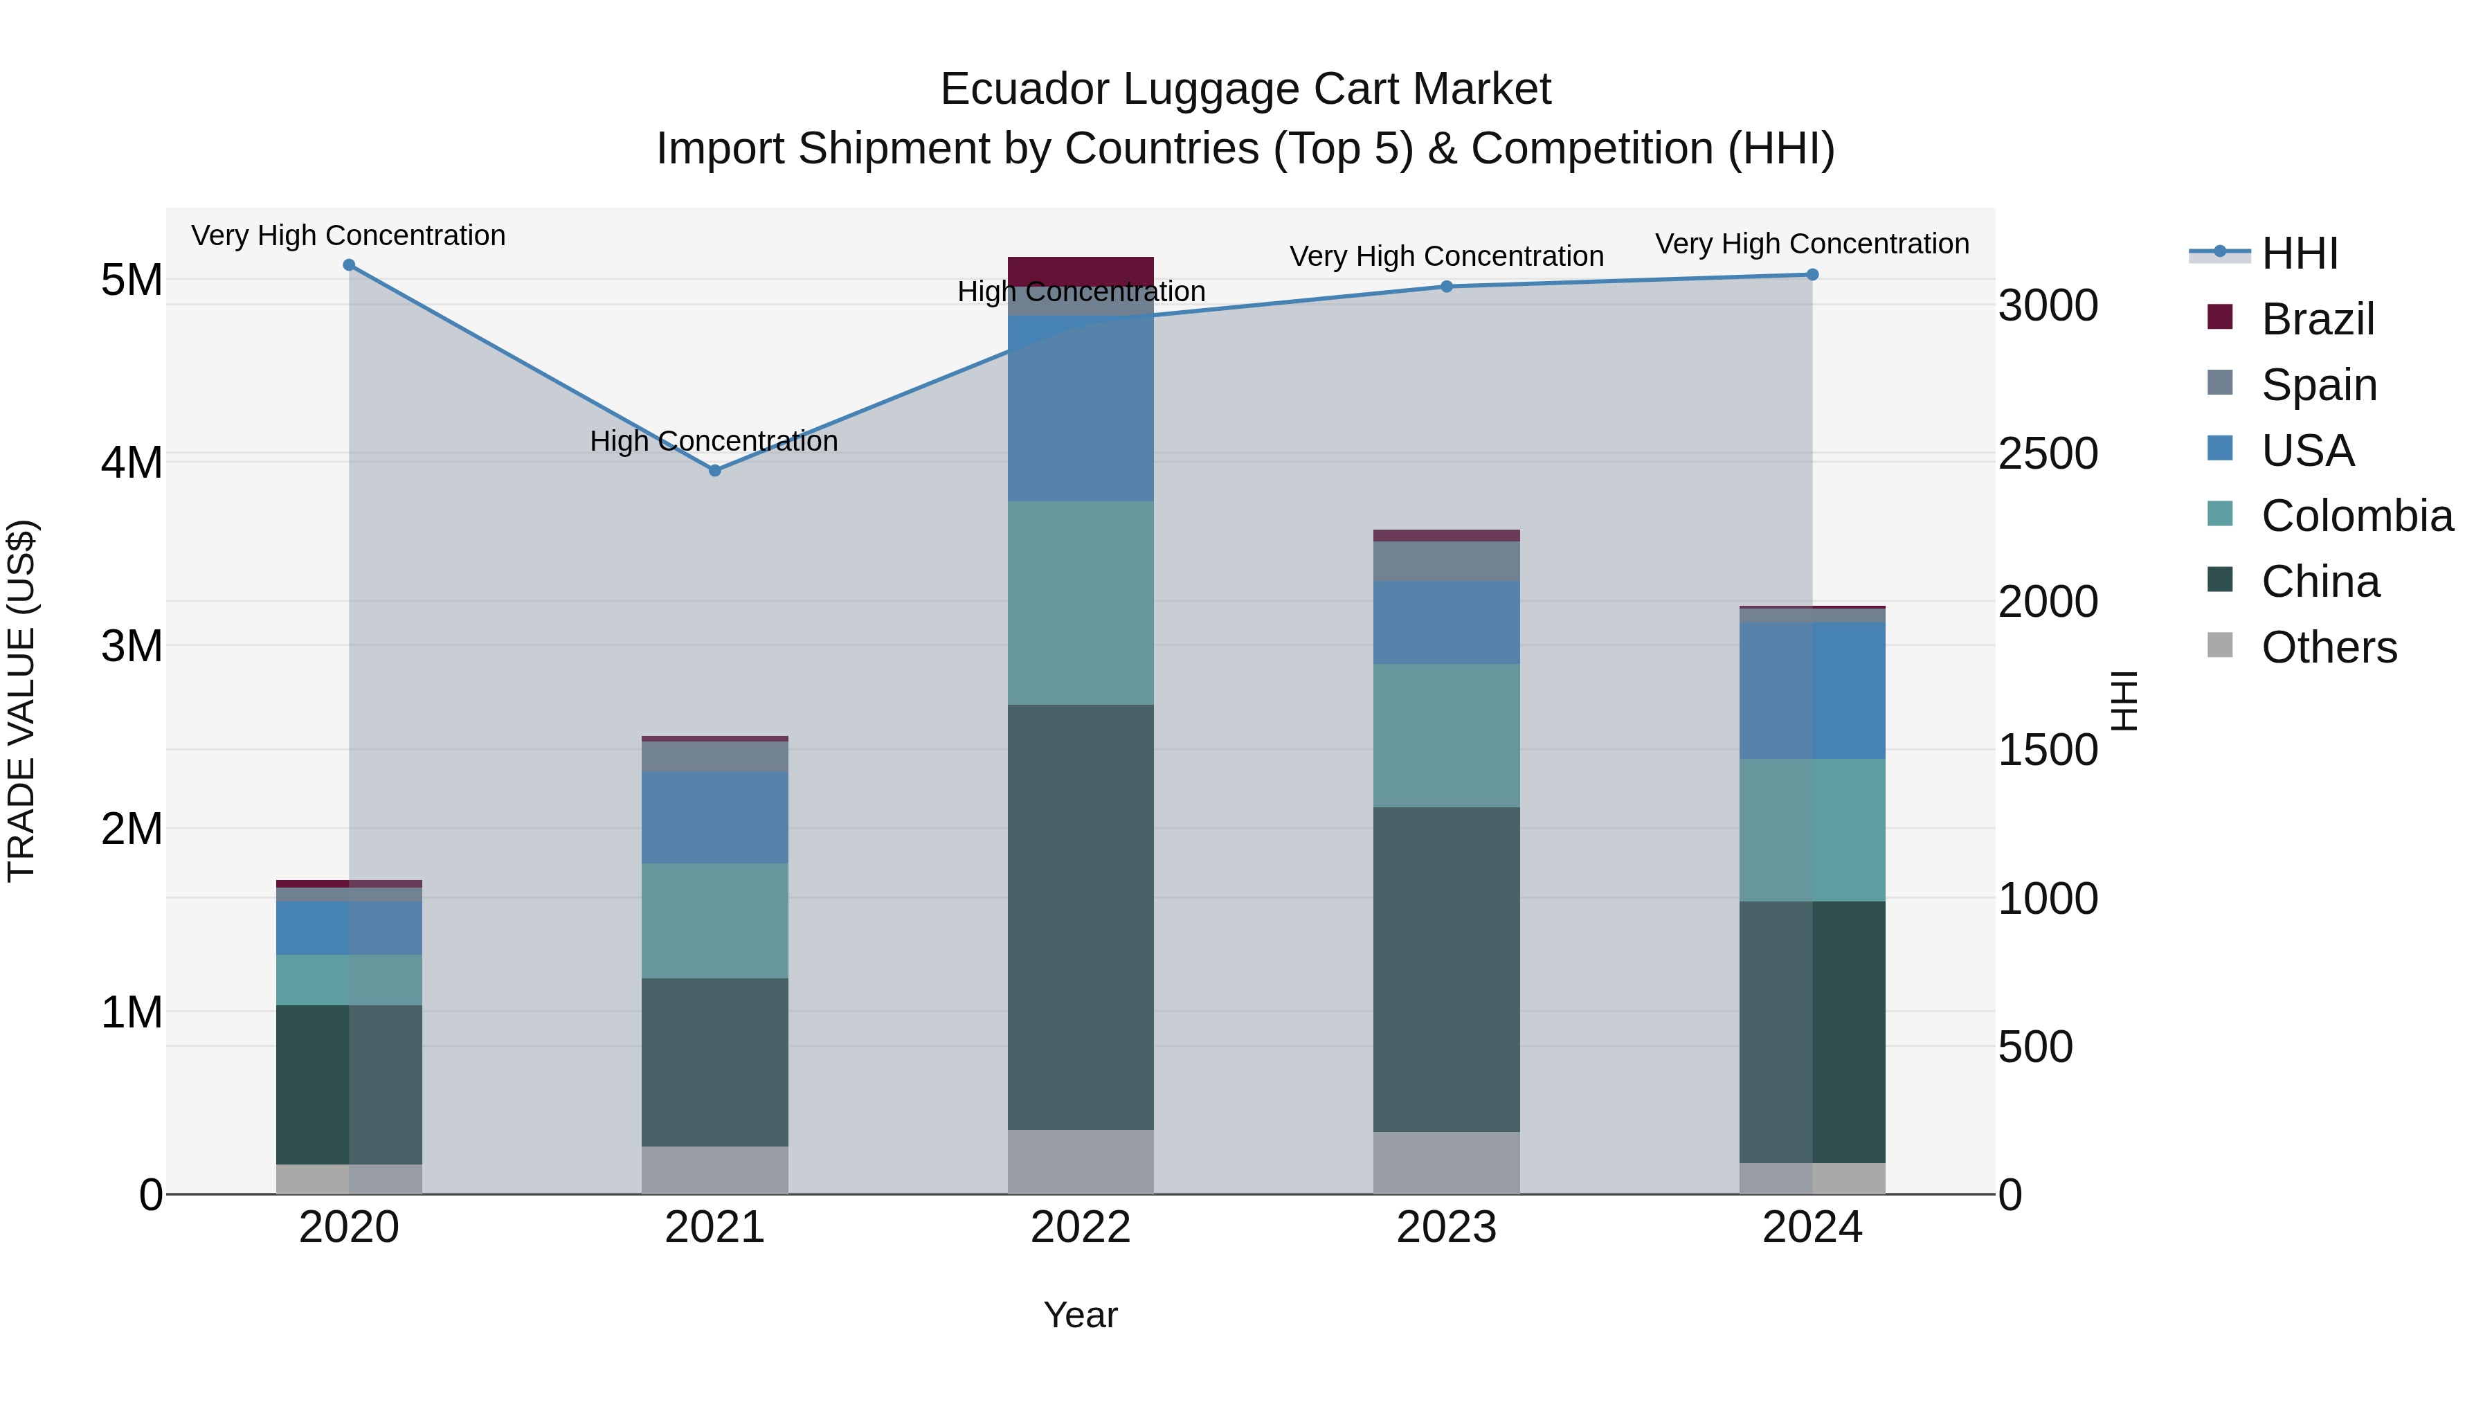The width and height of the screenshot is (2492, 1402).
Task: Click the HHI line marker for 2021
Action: pos(715,470)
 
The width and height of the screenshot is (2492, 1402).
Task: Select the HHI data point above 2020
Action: pos(350,265)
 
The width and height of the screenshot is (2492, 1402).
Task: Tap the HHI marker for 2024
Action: pos(1812,275)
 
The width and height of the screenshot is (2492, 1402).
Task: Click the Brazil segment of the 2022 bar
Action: pos(1081,271)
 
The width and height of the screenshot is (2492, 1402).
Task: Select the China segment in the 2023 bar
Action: pos(1446,969)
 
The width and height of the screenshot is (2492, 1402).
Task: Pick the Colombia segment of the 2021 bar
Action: pos(715,920)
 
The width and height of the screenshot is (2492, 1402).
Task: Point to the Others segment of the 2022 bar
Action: pos(1081,1161)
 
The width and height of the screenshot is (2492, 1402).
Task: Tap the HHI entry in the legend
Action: pos(2300,253)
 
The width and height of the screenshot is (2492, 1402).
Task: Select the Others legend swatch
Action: pos(2220,645)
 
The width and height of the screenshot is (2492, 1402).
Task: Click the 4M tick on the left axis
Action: pos(132,462)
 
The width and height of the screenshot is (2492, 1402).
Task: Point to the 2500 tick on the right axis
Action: pos(2048,453)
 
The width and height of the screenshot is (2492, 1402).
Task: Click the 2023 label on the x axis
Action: pos(1446,1228)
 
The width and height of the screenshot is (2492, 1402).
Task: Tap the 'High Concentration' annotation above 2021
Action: pos(714,441)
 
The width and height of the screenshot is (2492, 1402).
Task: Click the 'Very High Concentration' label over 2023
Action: pos(1446,256)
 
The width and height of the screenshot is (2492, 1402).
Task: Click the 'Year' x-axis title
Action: pos(1081,1315)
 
